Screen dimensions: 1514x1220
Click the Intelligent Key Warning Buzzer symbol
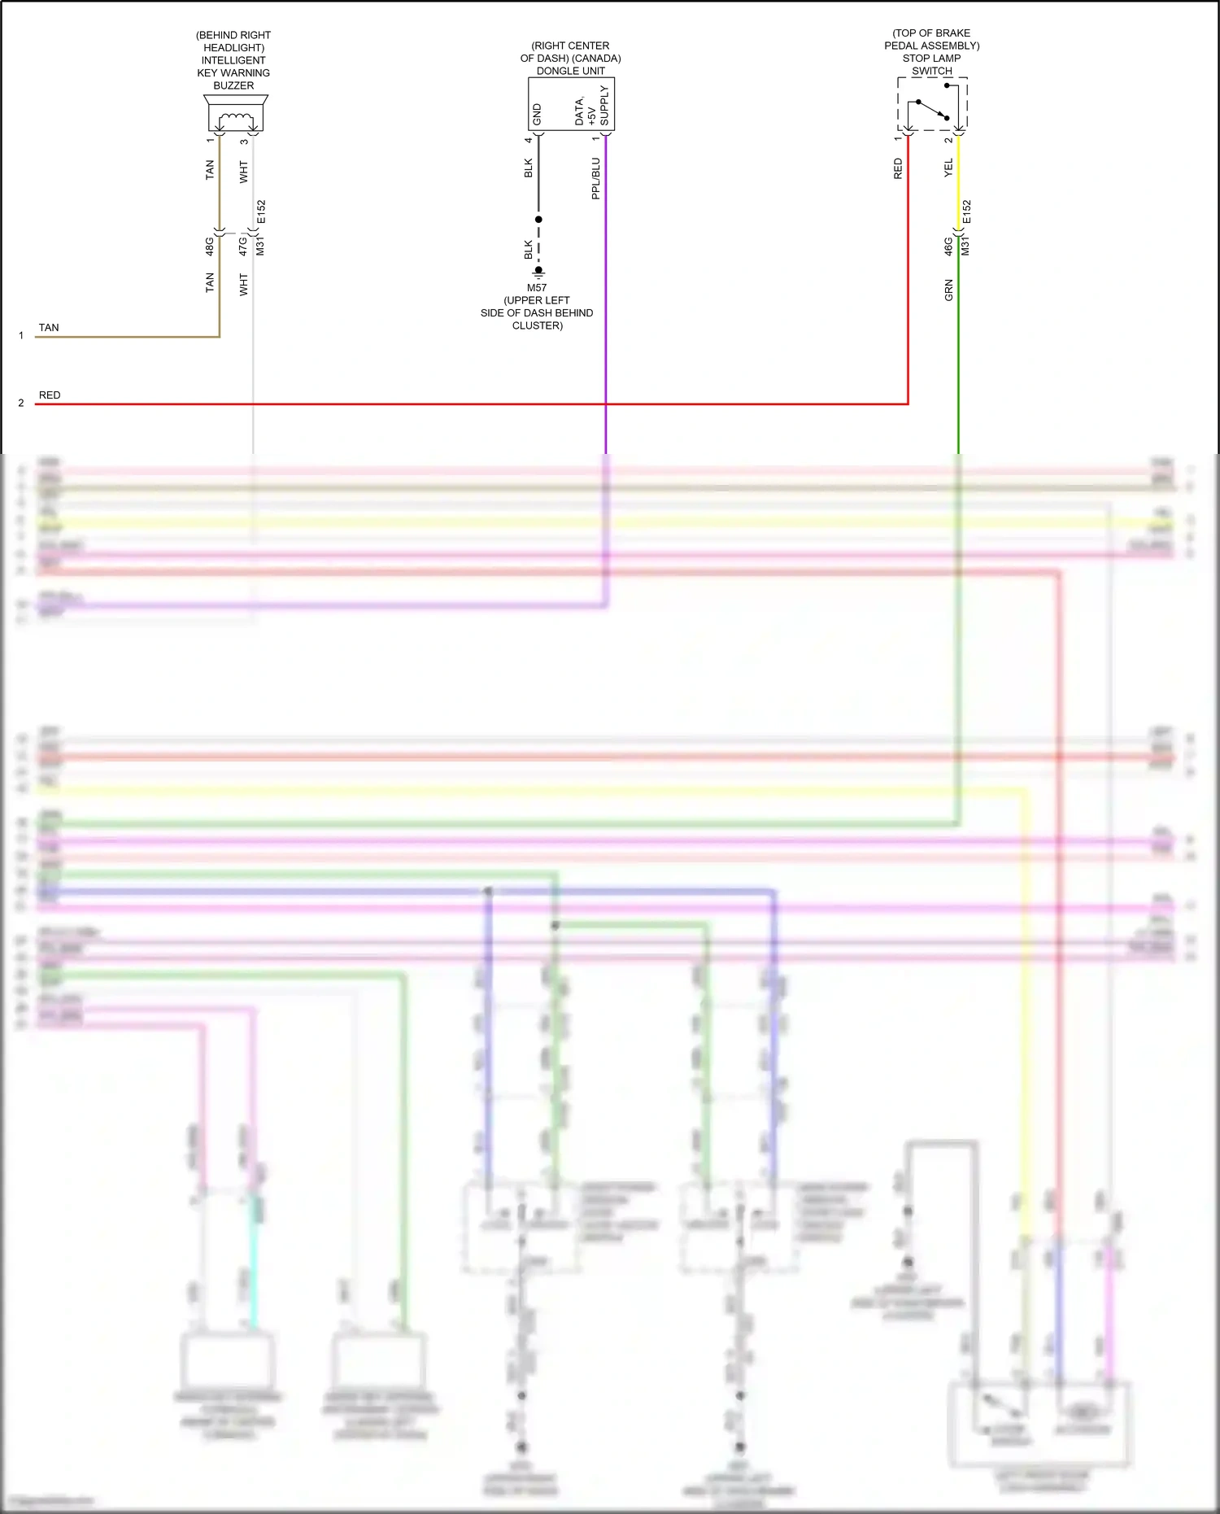pos(235,113)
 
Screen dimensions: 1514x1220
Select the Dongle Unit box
pos(571,103)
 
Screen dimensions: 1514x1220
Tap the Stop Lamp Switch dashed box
pos(932,104)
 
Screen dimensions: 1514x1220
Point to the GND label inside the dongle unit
pos(537,115)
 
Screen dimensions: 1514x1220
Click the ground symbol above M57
pos(538,273)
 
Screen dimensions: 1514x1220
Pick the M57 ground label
pos(537,288)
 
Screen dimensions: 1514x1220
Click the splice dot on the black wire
pos(538,220)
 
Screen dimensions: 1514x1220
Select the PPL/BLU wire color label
pos(595,178)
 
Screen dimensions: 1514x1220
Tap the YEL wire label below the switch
pos(948,168)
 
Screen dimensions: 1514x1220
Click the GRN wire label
pos(948,290)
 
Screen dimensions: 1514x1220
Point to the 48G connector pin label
pos(210,246)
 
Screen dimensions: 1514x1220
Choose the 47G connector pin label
pos(243,246)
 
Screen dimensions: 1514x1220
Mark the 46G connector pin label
pos(948,247)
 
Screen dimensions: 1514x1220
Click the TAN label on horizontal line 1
pos(49,328)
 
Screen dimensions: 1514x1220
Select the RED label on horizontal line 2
pos(50,395)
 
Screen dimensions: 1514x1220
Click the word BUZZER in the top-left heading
pos(233,85)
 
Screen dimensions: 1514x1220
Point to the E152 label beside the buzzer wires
pos(261,212)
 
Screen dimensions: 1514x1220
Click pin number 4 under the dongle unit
pos(528,140)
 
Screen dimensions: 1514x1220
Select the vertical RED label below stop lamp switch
pos(898,168)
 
